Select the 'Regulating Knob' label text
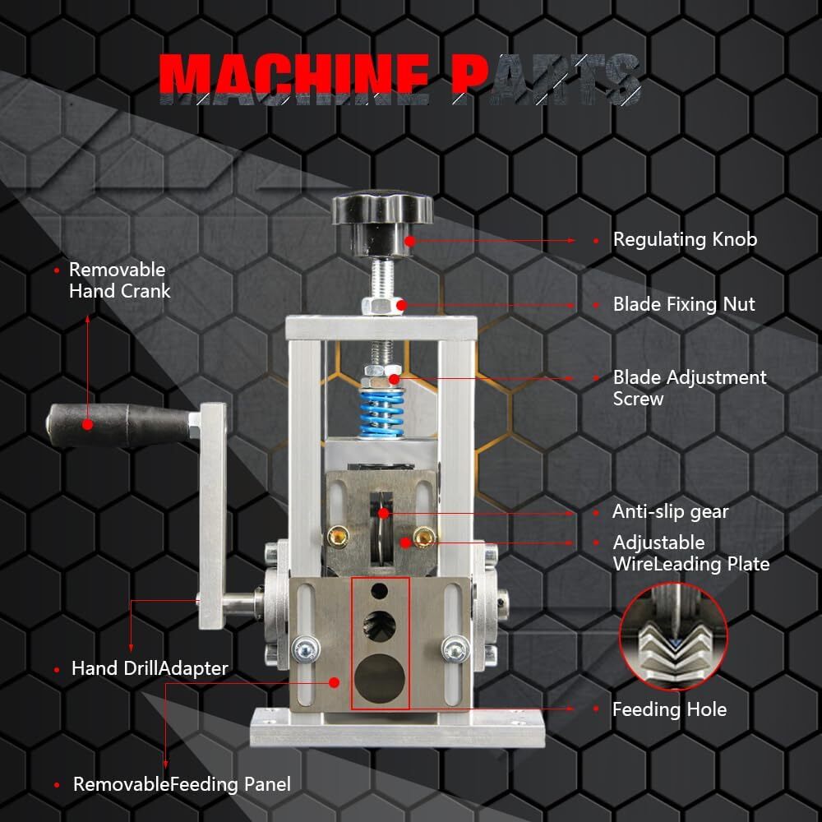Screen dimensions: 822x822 (x=684, y=240)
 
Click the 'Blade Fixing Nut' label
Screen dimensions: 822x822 (x=683, y=304)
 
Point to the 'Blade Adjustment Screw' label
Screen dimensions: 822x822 (x=689, y=388)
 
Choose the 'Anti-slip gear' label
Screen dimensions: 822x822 (x=670, y=511)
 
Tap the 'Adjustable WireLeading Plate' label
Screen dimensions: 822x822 (x=690, y=553)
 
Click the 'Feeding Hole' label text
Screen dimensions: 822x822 (x=669, y=709)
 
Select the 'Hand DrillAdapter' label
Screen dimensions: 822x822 (x=149, y=668)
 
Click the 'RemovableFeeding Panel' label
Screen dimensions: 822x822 (x=182, y=784)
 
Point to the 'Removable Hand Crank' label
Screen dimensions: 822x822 (x=118, y=280)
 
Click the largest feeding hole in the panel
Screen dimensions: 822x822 (x=380, y=677)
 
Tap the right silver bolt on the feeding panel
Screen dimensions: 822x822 (x=455, y=649)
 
